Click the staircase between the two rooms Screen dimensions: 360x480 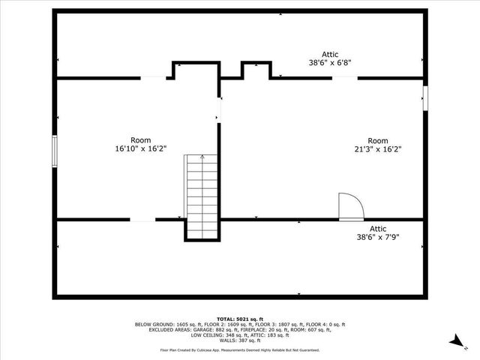pos(200,195)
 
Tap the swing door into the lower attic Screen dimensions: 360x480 pos(350,207)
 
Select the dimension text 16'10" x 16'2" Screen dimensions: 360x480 pos(140,149)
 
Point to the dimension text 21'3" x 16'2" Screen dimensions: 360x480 pos(377,149)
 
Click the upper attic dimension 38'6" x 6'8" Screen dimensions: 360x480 pos(330,64)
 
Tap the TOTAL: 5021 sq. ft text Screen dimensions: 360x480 pos(239,319)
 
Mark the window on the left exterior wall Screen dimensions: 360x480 pos(54,149)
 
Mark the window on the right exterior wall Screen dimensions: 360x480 pos(425,97)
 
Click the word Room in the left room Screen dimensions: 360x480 pos(140,140)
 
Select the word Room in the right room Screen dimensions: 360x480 pos(377,140)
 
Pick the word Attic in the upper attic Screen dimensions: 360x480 pos(330,55)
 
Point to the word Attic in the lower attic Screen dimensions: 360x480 pos(377,229)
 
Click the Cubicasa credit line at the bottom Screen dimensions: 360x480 pos(239,349)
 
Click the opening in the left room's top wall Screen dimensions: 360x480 pos(153,77)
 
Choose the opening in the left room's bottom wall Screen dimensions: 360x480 pos(142,220)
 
